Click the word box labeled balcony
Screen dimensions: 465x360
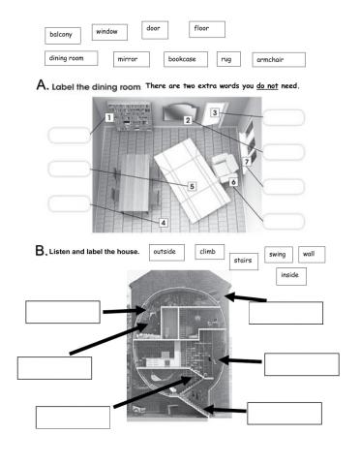pyautogui.click(x=63, y=36)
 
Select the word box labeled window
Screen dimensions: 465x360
pyautogui.click(x=106, y=32)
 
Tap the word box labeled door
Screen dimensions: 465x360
pyautogui.click(x=154, y=29)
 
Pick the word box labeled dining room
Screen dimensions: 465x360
pyautogui.click(x=70, y=59)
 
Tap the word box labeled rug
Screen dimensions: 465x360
pyautogui.click(x=229, y=59)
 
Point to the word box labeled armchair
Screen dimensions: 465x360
pyautogui.click(x=274, y=59)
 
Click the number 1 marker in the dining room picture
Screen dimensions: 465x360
pyautogui.click(x=109, y=119)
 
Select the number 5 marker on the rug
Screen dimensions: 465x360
pyautogui.click(x=192, y=186)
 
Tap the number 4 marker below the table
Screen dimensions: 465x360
pyautogui.click(x=163, y=222)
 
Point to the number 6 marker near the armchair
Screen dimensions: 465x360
pyautogui.click(x=233, y=181)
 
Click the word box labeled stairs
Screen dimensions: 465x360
pyautogui.click(x=242, y=260)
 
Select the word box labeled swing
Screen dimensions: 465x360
pyautogui.click(x=279, y=254)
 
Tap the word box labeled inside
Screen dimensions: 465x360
pyautogui.click(x=289, y=275)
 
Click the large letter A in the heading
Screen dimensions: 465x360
pyautogui.click(x=42, y=86)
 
